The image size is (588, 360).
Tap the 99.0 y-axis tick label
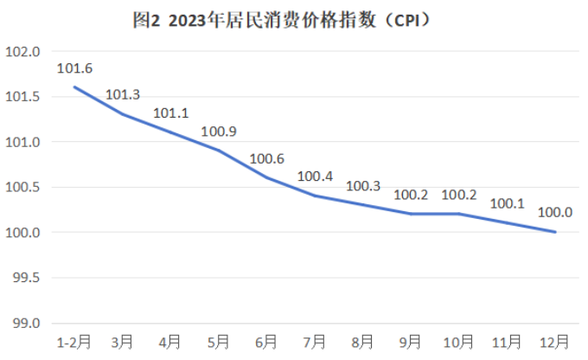tap(26, 323)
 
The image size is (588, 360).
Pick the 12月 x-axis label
tap(554, 340)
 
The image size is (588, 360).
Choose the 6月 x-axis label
tap(266, 340)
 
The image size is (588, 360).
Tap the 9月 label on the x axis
tap(411, 340)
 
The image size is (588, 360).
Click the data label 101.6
tap(74, 68)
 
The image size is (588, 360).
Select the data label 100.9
tap(219, 132)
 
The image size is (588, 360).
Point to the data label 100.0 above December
tap(555, 212)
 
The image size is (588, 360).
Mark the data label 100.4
tap(315, 177)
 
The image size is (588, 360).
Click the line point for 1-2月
tap(74, 87)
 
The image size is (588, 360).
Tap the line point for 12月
tap(555, 232)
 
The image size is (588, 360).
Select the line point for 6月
tap(266, 177)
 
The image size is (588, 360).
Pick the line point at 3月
tap(122, 114)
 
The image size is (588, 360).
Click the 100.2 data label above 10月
tap(459, 195)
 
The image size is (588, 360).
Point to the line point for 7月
tap(315, 196)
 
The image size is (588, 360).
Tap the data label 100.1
tap(507, 204)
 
